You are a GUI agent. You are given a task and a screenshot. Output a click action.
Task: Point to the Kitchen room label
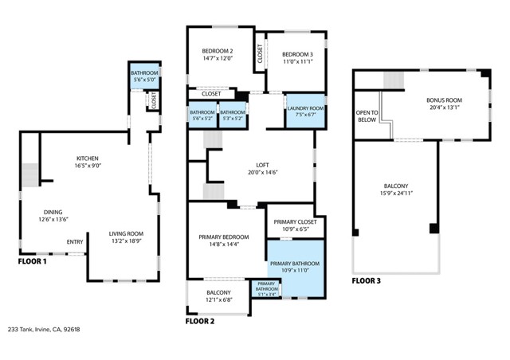click(x=88, y=158)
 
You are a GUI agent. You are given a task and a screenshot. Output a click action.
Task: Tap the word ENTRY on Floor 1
click(x=75, y=242)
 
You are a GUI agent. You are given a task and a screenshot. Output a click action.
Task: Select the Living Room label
click(x=127, y=233)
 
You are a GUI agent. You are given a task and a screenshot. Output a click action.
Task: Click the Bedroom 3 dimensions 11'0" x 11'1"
click(x=295, y=61)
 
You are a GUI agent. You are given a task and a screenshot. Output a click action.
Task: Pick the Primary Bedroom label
click(x=223, y=237)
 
